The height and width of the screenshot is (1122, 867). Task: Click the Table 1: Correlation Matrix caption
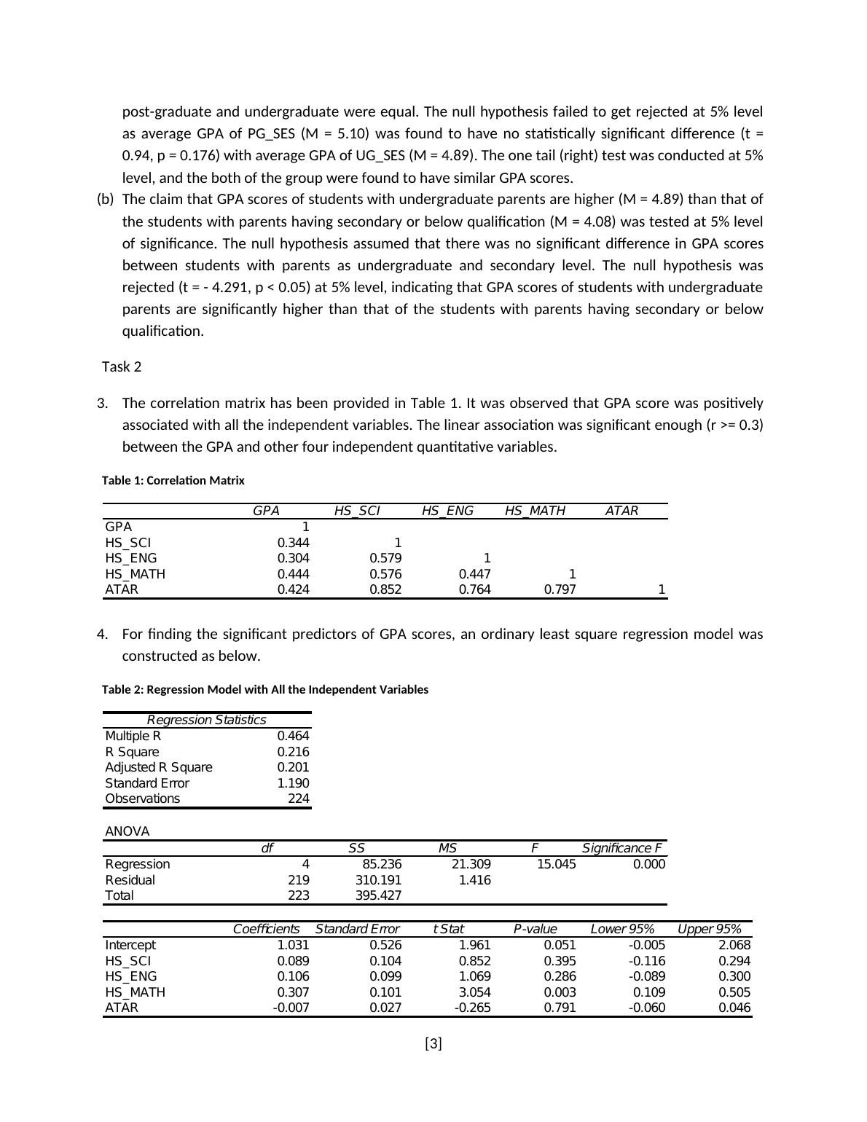[x=173, y=481]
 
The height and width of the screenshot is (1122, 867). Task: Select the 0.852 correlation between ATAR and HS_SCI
[x=385, y=589]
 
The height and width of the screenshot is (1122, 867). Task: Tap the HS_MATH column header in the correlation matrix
[x=535, y=511]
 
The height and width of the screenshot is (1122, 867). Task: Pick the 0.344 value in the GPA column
[x=293, y=543]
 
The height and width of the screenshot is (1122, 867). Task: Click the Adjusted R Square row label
[x=159, y=767]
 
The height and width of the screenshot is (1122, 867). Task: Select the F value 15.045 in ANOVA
[x=556, y=864]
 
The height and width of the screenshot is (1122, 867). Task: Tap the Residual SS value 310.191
[x=378, y=880]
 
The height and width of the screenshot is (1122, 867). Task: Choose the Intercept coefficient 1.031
[x=293, y=945]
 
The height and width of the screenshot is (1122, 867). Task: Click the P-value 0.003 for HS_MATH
[x=560, y=992]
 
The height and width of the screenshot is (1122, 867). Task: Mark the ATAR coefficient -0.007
[x=290, y=1008]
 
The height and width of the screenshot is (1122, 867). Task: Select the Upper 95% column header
[x=709, y=929]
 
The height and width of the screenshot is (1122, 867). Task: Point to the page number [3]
[x=433, y=1044]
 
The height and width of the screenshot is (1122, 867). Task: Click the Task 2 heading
[x=122, y=367]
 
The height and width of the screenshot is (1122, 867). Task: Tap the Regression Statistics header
[x=206, y=720]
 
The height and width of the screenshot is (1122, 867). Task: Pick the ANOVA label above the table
[x=127, y=831]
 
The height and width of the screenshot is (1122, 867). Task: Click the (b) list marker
[x=105, y=200]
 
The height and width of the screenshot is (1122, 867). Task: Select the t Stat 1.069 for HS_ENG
[x=474, y=976]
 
